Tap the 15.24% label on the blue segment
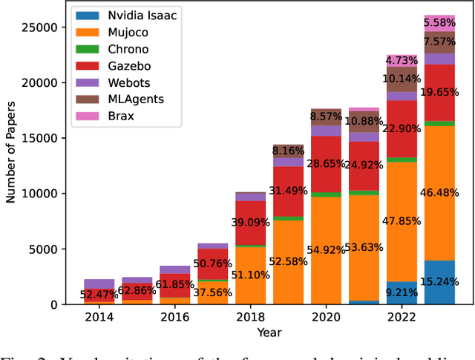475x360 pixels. (439, 282)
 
